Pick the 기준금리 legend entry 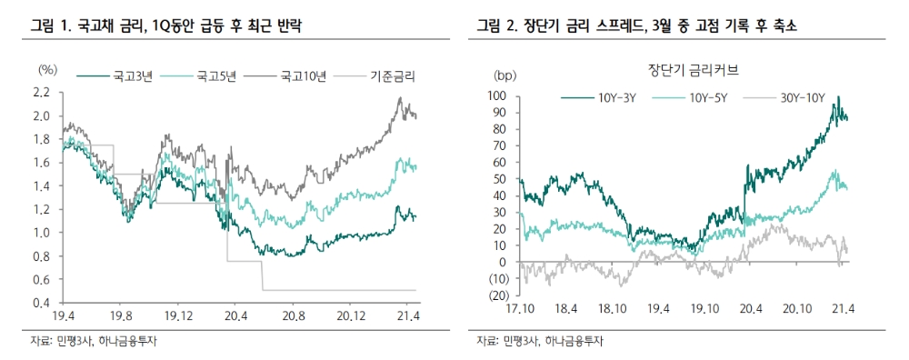[394, 77]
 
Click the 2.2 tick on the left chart [40, 93]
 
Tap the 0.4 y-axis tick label [40, 303]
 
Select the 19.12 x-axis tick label [177, 318]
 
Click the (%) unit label [48, 70]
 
